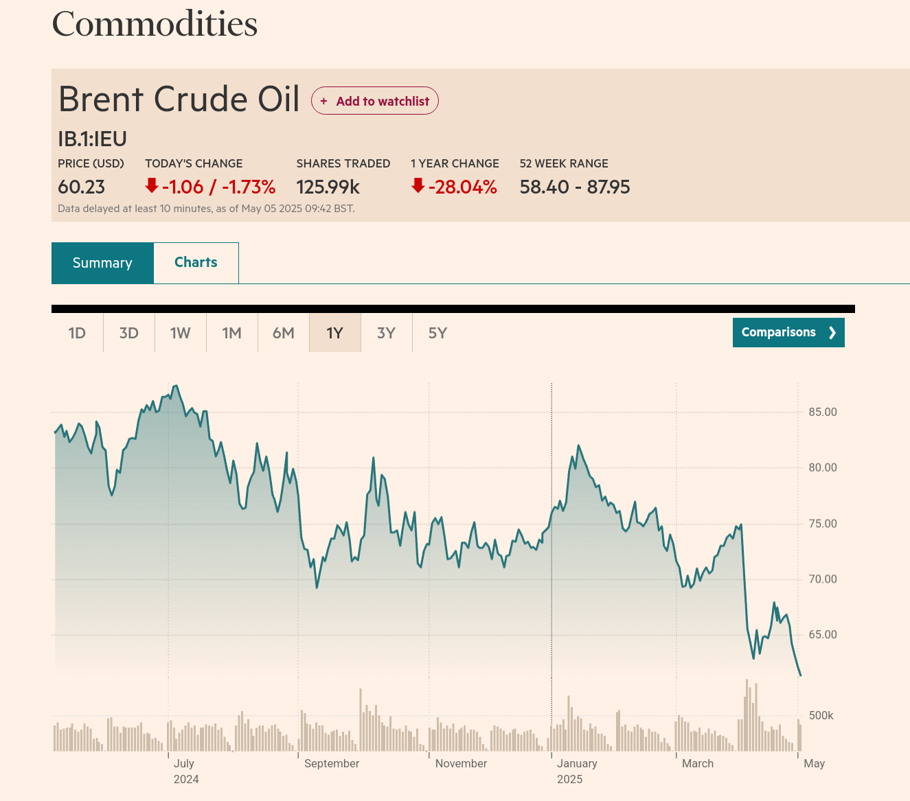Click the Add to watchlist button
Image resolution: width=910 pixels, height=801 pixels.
tap(375, 101)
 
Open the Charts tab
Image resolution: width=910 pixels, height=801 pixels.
tap(196, 262)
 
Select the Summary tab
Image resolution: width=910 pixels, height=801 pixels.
tap(102, 263)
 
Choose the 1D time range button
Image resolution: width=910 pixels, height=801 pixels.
tap(77, 333)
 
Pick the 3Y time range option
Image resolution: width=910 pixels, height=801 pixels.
tap(386, 333)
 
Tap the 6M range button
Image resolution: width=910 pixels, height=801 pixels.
tap(283, 333)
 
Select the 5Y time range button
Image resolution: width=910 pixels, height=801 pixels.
tap(437, 333)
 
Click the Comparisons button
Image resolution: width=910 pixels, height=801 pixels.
tap(788, 332)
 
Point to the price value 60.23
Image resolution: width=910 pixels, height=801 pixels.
tap(81, 187)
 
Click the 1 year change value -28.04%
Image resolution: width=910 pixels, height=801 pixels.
tap(462, 187)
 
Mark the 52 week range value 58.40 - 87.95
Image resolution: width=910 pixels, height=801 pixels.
tap(575, 187)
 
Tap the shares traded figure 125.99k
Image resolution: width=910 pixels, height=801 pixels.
tap(328, 187)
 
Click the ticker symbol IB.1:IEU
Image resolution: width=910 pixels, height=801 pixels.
tap(92, 139)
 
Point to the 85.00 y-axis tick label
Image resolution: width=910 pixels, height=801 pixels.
tap(823, 413)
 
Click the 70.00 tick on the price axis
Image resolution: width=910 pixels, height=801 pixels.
tap(823, 579)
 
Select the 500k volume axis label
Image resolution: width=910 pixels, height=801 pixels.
tap(821, 715)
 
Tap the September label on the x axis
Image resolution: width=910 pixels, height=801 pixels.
tap(332, 763)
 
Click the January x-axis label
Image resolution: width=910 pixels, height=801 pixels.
tap(577, 763)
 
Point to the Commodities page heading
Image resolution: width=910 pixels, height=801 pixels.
tap(155, 24)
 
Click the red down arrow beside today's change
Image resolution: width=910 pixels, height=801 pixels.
tap(152, 185)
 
